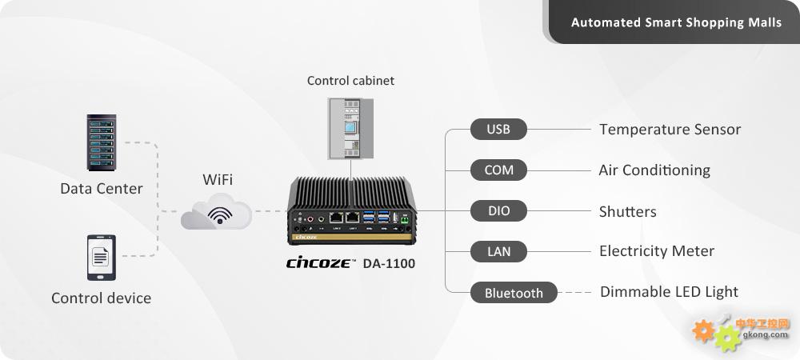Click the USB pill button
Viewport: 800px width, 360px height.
tap(498, 129)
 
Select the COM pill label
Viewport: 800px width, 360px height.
tap(498, 170)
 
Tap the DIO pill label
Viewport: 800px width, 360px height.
tap(498, 210)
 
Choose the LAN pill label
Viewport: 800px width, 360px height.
tap(498, 251)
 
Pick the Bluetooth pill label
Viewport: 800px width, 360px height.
tap(514, 293)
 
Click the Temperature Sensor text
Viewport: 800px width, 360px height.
tap(670, 130)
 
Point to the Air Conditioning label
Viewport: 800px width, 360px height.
tap(654, 170)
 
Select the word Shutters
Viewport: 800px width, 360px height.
tap(627, 211)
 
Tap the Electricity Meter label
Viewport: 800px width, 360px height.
tap(657, 251)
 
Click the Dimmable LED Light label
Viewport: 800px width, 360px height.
tap(669, 292)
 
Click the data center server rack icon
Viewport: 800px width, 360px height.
tap(102, 142)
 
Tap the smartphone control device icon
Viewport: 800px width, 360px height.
tap(102, 258)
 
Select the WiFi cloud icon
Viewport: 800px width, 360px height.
tap(216, 212)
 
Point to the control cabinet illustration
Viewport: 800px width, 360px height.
tap(350, 129)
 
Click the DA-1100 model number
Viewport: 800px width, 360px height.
tap(389, 264)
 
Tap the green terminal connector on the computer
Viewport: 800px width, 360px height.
tap(406, 220)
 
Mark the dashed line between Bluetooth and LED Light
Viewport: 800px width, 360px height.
tap(574, 293)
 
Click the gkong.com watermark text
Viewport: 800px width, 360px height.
tap(766, 335)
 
